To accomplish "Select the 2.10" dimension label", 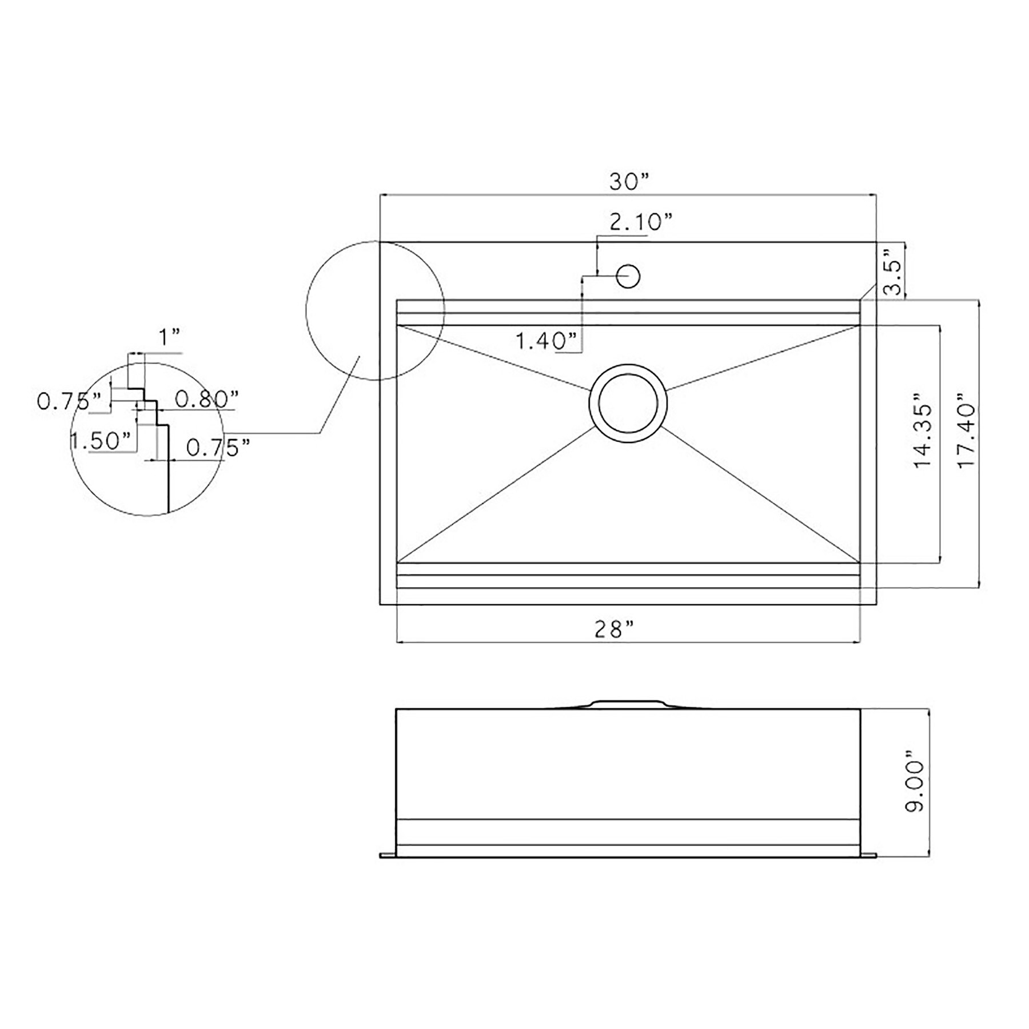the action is (640, 222).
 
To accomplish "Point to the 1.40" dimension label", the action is (547, 341).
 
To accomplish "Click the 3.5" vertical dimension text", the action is (892, 271).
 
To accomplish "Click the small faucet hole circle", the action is (628, 276).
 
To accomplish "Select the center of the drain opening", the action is (628, 403).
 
